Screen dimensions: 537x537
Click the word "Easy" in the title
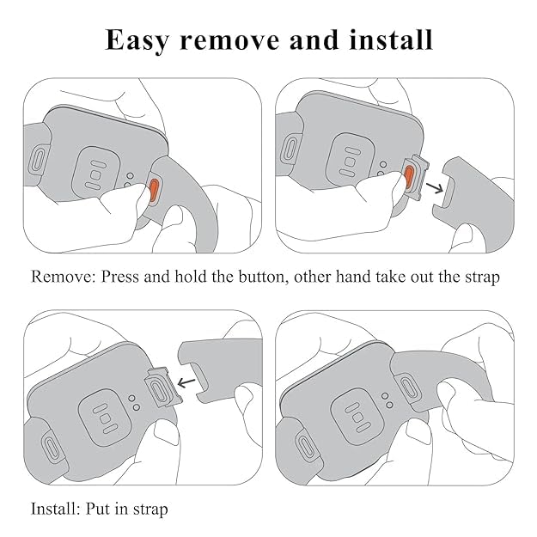pos(137,40)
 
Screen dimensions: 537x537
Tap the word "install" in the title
pos(391,40)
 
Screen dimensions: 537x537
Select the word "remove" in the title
pos(229,41)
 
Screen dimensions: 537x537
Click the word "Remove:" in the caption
pos(63,277)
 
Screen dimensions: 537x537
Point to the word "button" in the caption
pos(261,277)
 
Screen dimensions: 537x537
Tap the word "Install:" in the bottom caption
pos(55,509)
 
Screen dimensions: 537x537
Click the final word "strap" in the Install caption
pos(150,510)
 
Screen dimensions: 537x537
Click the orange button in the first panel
pos(154,192)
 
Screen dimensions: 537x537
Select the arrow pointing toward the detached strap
pos(435,188)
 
